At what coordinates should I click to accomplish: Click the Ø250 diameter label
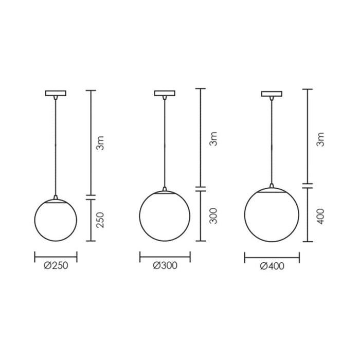tap(56, 266)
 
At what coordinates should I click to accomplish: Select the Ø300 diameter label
tap(165, 266)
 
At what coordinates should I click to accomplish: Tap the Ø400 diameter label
tap(272, 266)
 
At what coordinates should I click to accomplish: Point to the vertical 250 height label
tap(100, 220)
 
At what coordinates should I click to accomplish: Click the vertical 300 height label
tap(213, 216)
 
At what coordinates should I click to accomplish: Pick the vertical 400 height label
tap(320, 217)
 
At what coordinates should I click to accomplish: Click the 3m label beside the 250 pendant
tap(100, 143)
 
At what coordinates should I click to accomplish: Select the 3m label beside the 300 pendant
tap(213, 139)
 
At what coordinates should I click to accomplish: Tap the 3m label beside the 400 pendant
tap(320, 139)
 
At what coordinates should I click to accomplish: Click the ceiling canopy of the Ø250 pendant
tap(56, 93)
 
